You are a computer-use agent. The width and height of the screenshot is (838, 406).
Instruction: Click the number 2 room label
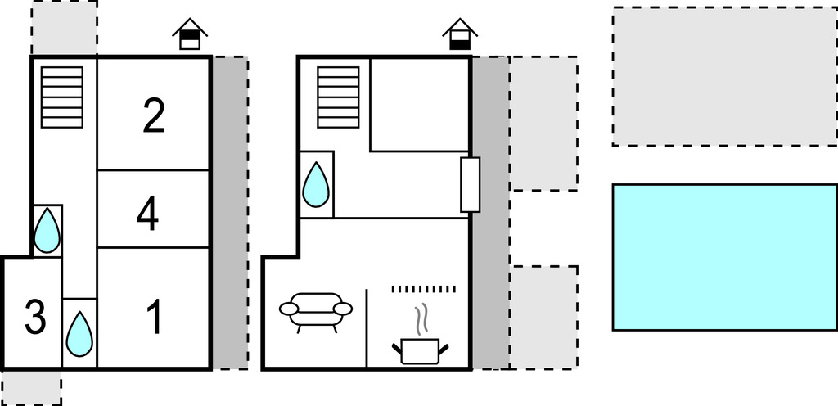[154, 116]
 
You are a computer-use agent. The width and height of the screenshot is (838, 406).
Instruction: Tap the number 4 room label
[147, 216]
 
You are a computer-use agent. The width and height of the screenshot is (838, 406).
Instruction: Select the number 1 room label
[154, 318]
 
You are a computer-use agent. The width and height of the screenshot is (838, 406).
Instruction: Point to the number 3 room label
[34, 318]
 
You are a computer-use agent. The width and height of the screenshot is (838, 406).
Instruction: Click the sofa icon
[315, 310]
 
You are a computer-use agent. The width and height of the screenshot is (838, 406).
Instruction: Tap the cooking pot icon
[421, 350]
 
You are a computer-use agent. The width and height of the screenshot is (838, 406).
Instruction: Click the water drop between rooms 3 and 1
[79, 333]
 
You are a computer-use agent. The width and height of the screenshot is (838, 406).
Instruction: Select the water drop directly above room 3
[47, 231]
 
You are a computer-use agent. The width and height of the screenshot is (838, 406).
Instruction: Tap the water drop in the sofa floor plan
[316, 184]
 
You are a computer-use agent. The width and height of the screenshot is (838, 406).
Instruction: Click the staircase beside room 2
[62, 97]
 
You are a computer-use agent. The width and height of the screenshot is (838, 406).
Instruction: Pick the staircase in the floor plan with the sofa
[338, 97]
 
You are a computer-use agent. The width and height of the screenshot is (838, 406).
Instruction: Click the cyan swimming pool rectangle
[724, 257]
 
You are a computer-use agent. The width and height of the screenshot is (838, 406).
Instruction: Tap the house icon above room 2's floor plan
[190, 35]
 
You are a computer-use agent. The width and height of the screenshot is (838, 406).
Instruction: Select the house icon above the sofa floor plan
[459, 35]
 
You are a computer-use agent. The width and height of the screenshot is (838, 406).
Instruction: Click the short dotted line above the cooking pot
[422, 289]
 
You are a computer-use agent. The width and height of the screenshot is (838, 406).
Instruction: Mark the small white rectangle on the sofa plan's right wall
[470, 184]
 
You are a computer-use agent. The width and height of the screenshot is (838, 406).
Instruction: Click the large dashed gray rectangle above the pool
[724, 76]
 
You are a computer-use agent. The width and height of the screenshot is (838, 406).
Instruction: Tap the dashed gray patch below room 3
[31, 386]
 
